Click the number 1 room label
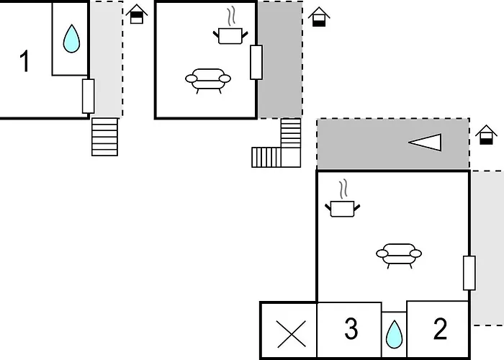click(24, 60)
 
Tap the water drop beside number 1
click(71, 39)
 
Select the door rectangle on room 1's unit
click(88, 96)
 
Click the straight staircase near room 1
click(105, 137)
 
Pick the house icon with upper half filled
click(137, 14)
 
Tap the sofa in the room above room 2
click(399, 255)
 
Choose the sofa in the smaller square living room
click(208, 81)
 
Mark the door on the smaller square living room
click(256, 63)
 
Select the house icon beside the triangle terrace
click(486, 135)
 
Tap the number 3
click(351, 328)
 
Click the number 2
click(440, 328)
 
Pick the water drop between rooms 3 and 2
click(394, 334)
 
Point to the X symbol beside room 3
click(291, 334)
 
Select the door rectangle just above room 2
click(469, 273)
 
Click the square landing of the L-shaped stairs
click(291, 158)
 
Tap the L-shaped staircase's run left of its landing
click(266, 158)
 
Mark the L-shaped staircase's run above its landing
click(291, 132)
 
